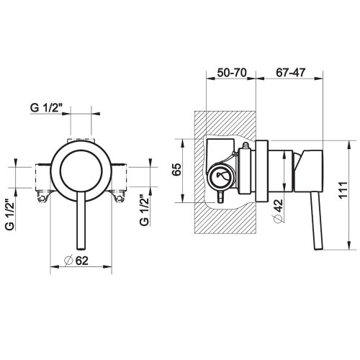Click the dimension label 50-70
click(232, 73)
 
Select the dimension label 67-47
click(290, 73)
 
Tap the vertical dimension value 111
click(343, 190)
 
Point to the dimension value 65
click(176, 169)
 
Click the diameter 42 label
click(279, 211)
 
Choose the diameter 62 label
click(76, 261)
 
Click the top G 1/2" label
click(46, 108)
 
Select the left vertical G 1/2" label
click(10, 215)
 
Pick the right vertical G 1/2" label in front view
click(144, 210)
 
